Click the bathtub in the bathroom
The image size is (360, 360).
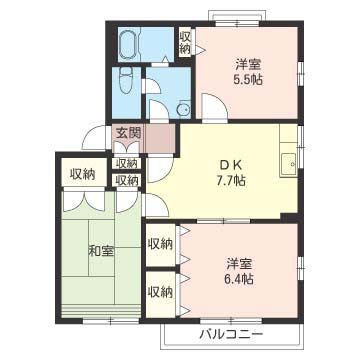129,44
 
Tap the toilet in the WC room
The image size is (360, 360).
127,80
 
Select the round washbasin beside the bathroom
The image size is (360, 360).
183,109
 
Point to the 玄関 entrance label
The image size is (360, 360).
128,133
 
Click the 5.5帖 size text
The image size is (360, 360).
248,80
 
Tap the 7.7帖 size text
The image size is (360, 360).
231,181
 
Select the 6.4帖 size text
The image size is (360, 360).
238,278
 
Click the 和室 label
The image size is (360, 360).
101,251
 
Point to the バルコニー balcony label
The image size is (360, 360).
231,333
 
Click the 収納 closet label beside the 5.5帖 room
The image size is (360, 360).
185,43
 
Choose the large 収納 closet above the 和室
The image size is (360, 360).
83,174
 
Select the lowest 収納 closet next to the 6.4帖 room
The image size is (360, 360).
161,292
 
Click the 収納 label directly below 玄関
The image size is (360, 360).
127,163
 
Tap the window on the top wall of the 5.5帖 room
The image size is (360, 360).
237,23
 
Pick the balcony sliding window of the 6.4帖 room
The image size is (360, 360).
231,321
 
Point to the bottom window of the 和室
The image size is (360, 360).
110,321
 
